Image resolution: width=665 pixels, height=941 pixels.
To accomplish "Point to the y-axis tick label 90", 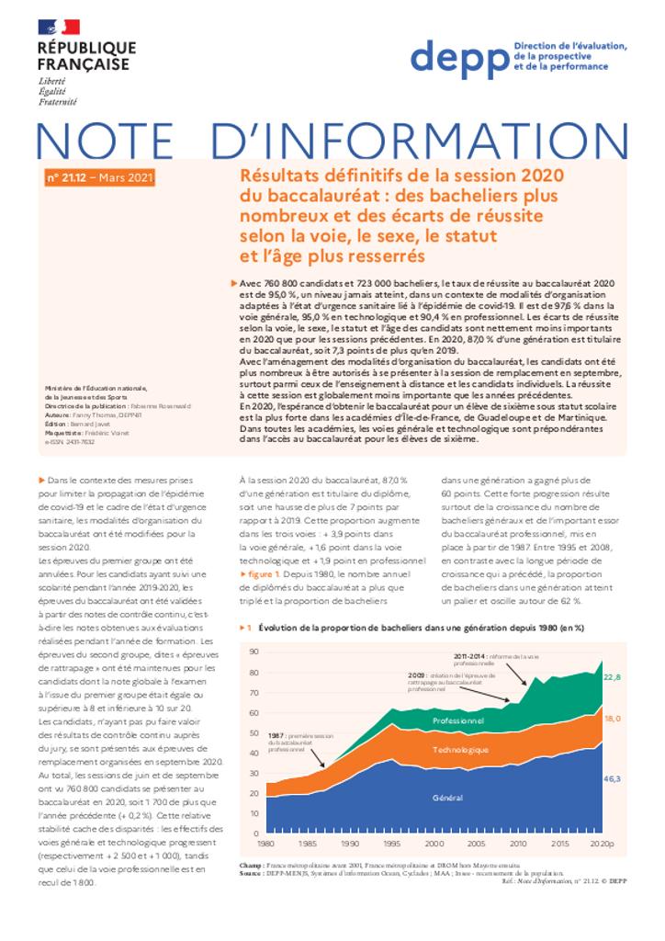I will point(254,652).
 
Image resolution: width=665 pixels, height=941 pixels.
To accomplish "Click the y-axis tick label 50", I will point(254,732).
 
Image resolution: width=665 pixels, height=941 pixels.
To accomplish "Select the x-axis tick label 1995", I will point(390,843).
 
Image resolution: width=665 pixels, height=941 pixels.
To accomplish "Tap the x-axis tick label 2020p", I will point(602,843).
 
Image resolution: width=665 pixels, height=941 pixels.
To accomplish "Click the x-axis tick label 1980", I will point(265,843).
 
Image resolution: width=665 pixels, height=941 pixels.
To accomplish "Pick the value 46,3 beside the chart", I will point(612,778).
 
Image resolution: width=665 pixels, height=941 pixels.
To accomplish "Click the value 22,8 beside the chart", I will point(612,677).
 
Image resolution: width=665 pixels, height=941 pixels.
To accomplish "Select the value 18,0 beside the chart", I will point(612,718).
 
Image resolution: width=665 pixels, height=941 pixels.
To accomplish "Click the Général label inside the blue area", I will point(447,798).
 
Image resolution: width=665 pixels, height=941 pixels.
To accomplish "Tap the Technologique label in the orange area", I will point(461,751).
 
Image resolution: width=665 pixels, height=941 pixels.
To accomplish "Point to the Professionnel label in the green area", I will point(457,721).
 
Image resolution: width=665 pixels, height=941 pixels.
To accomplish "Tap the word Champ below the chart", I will point(249,866).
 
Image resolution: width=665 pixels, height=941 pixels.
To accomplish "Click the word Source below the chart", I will point(251,873).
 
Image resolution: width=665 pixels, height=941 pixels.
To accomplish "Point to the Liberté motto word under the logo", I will point(52,83).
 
